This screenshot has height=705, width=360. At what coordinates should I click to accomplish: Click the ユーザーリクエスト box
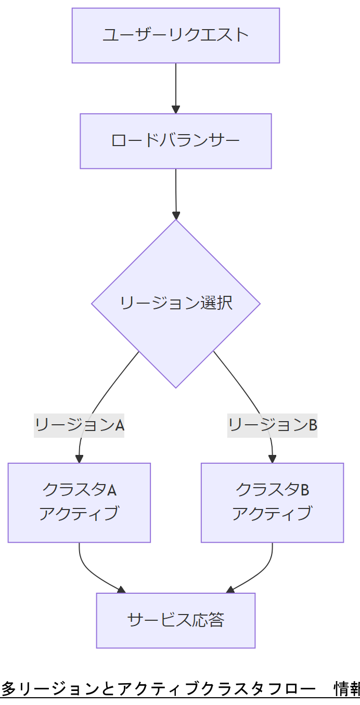[x=176, y=35]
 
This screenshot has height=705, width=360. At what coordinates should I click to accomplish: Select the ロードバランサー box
[x=176, y=141]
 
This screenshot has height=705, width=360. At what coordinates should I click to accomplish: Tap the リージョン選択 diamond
[x=176, y=303]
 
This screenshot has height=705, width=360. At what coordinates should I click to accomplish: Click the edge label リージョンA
[x=79, y=425]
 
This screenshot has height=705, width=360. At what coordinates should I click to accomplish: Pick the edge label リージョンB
[x=272, y=425]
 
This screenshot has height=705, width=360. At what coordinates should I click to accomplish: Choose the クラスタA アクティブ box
[x=79, y=502]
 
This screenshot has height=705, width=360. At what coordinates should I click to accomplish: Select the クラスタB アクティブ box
[x=272, y=502]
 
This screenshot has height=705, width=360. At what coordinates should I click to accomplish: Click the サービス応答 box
[x=176, y=620]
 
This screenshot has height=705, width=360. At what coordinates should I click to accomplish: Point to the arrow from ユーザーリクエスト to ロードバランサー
[x=176, y=86]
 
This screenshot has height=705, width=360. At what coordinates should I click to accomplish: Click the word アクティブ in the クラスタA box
[x=79, y=514]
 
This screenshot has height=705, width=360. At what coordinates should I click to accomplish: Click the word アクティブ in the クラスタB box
[x=272, y=514]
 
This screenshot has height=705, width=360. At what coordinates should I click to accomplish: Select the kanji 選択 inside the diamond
[x=216, y=303]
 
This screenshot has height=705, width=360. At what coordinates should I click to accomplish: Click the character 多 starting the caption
[x=8, y=689]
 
